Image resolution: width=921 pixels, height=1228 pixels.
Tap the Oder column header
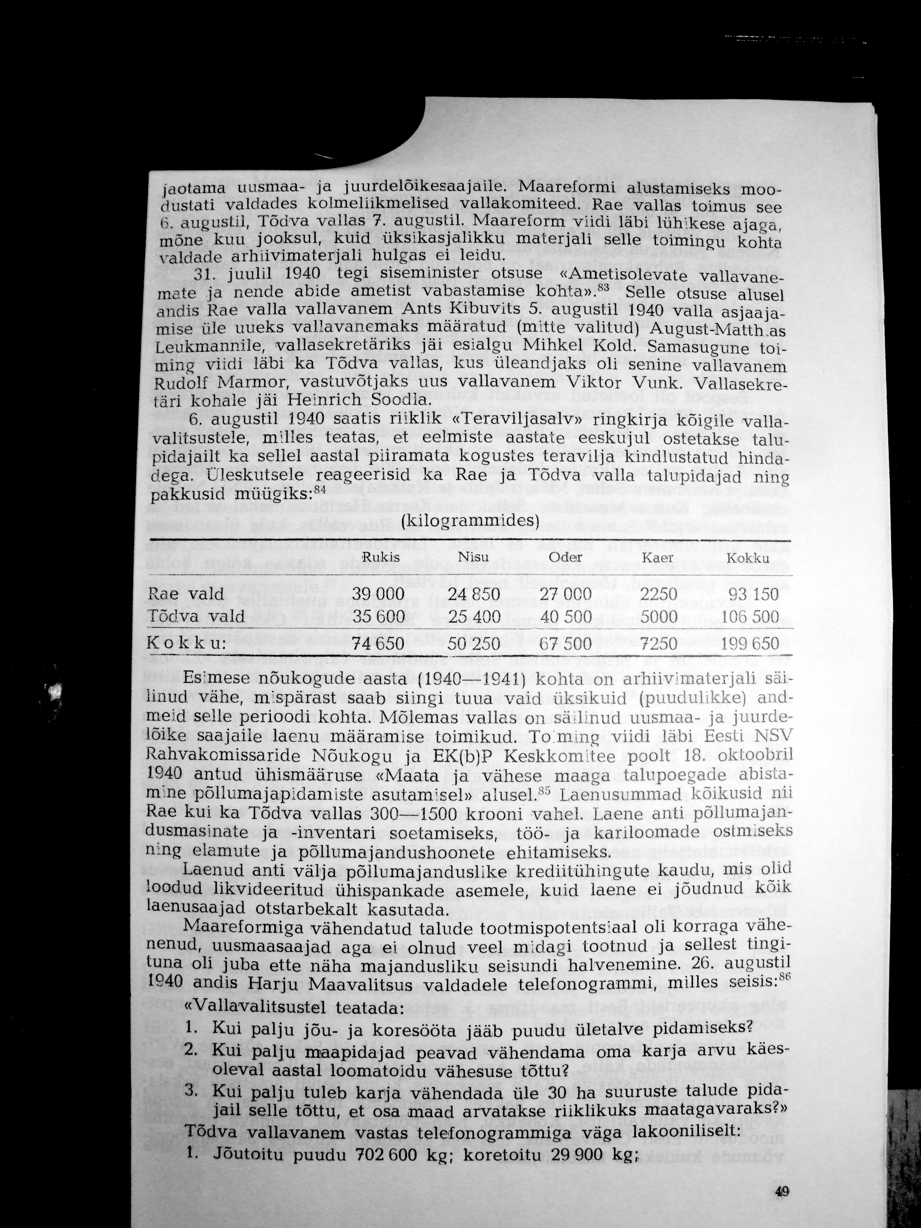(565, 557)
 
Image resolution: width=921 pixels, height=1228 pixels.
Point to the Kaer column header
(658, 557)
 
